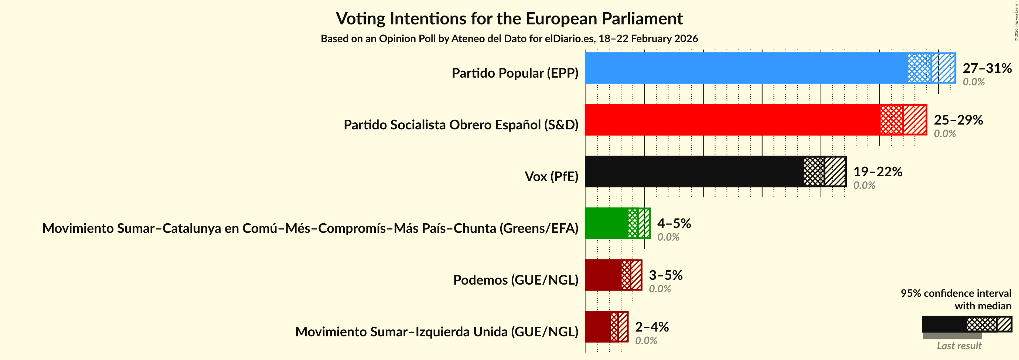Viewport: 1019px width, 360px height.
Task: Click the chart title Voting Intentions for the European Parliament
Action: (x=509, y=18)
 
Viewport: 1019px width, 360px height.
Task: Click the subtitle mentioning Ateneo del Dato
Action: (x=509, y=39)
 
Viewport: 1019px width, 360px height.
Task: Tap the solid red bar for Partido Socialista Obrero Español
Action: (x=732, y=120)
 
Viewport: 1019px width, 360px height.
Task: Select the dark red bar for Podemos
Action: (x=603, y=275)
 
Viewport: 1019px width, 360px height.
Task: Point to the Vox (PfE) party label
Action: (x=551, y=176)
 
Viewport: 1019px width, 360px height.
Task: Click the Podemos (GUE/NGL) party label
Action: (x=515, y=280)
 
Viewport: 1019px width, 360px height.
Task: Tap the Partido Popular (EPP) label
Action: (x=515, y=73)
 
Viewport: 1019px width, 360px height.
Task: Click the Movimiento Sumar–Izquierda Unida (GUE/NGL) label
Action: (x=437, y=332)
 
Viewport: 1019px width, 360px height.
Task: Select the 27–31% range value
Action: (x=986, y=68)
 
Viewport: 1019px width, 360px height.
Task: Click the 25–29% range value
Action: (x=958, y=120)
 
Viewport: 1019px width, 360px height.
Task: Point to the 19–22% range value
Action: (x=877, y=172)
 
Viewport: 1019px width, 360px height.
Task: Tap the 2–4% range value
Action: (x=651, y=327)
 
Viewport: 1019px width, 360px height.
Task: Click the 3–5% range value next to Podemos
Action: (x=665, y=275)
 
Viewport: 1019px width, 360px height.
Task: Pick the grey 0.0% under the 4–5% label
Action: (x=668, y=237)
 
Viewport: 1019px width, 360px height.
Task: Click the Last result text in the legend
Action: (x=958, y=346)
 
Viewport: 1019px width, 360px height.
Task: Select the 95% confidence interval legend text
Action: (x=955, y=293)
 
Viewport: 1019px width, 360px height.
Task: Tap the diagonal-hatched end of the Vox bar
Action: (x=835, y=172)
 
